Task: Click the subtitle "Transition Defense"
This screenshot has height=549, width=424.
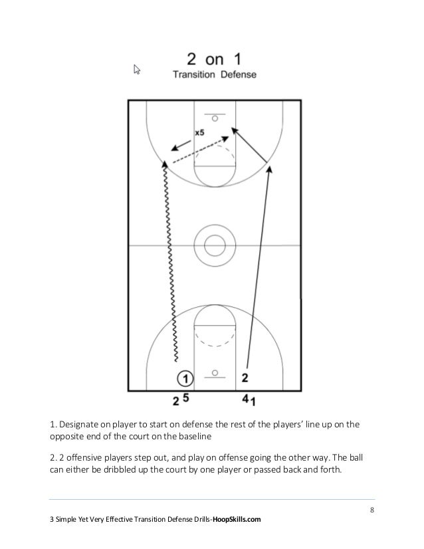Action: coord(214,75)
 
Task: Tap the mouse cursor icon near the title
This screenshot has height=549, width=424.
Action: coord(137,69)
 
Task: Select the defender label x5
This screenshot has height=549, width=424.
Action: coord(199,133)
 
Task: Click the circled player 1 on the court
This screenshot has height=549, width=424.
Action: coord(186,378)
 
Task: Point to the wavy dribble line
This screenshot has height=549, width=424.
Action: coord(169,266)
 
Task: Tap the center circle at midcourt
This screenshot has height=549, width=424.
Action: coord(214,245)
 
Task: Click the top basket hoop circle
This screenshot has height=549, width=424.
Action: coord(214,119)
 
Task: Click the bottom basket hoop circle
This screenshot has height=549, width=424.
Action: coord(214,372)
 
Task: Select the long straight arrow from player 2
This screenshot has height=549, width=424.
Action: coord(259,266)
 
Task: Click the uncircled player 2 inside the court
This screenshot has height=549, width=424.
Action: coord(245,378)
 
